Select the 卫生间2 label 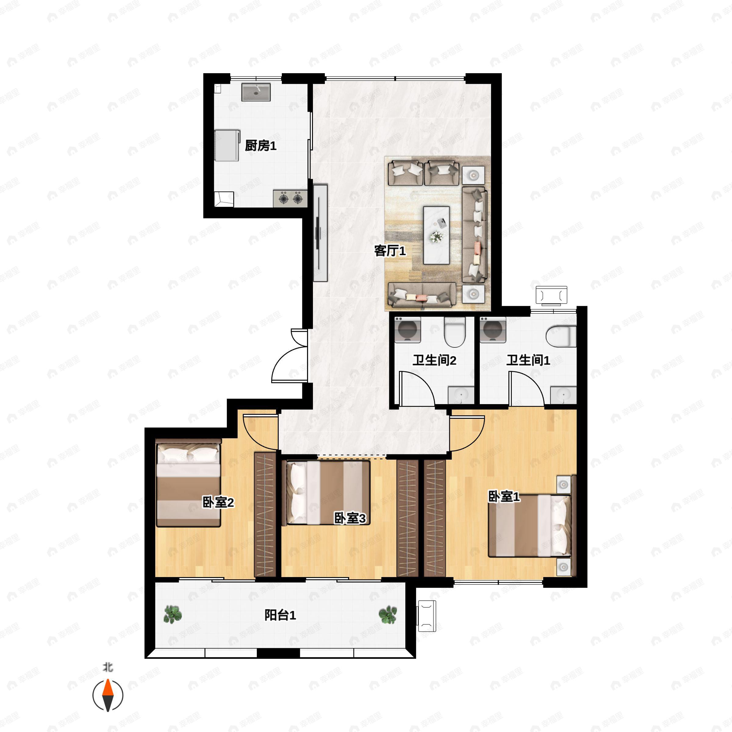point(434,360)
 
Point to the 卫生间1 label point(528,360)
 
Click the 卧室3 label point(350,518)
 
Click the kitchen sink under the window point(256,92)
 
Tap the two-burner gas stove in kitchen point(290,198)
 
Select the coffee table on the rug point(436,235)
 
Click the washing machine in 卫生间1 point(493,330)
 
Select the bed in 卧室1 point(530,526)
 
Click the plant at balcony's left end point(172,615)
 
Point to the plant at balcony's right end point(388,615)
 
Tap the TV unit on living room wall point(320,233)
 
